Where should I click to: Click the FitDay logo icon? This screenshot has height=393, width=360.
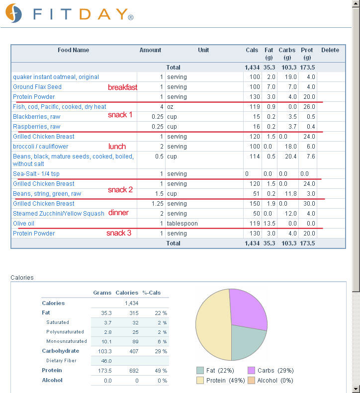pyautogui.click(x=13, y=13)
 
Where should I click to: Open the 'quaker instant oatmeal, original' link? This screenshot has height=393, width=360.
pyautogui.click(x=56, y=77)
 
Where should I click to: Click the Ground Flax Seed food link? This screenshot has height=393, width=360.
pyautogui.click(x=37, y=87)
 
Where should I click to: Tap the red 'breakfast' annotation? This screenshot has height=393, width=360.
pyautogui.click(x=122, y=87)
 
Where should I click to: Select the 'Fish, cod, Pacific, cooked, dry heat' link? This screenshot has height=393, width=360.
pyautogui.click(x=60, y=107)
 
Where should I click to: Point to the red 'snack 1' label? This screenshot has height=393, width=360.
pyautogui.click(x=120, y=115)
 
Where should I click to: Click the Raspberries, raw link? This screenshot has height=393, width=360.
pyautogui.click(x=37, y=127)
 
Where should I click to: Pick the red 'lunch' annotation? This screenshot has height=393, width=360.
pyautogui.click(x=117, y=147)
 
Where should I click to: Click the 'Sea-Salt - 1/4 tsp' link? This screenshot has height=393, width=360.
pyautogui.click(x=36, y=174)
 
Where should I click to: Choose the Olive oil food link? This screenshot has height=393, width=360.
pyautogui.click(x=23, y=223)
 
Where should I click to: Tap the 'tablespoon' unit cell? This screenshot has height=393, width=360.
pyautogui.click(x=182, y=223)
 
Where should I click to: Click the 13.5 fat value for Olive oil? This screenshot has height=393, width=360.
pyautogui.click(x=270, y=223)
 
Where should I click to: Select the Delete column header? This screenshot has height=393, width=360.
pyautogui.click(x=330, y=50)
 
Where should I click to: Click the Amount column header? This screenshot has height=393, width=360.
pyautogui.click(x=150, y=50)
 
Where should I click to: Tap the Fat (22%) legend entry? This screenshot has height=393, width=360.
pyautogui.click(x=215, y=371)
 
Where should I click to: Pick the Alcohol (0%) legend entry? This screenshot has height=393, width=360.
pyautogui.click(x=270, y=381)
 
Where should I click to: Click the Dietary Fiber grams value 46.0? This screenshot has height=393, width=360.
pyautogui.click(x=106, y=361)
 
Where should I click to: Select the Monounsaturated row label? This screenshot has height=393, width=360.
pyautogui.click(x=67, y=341)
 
